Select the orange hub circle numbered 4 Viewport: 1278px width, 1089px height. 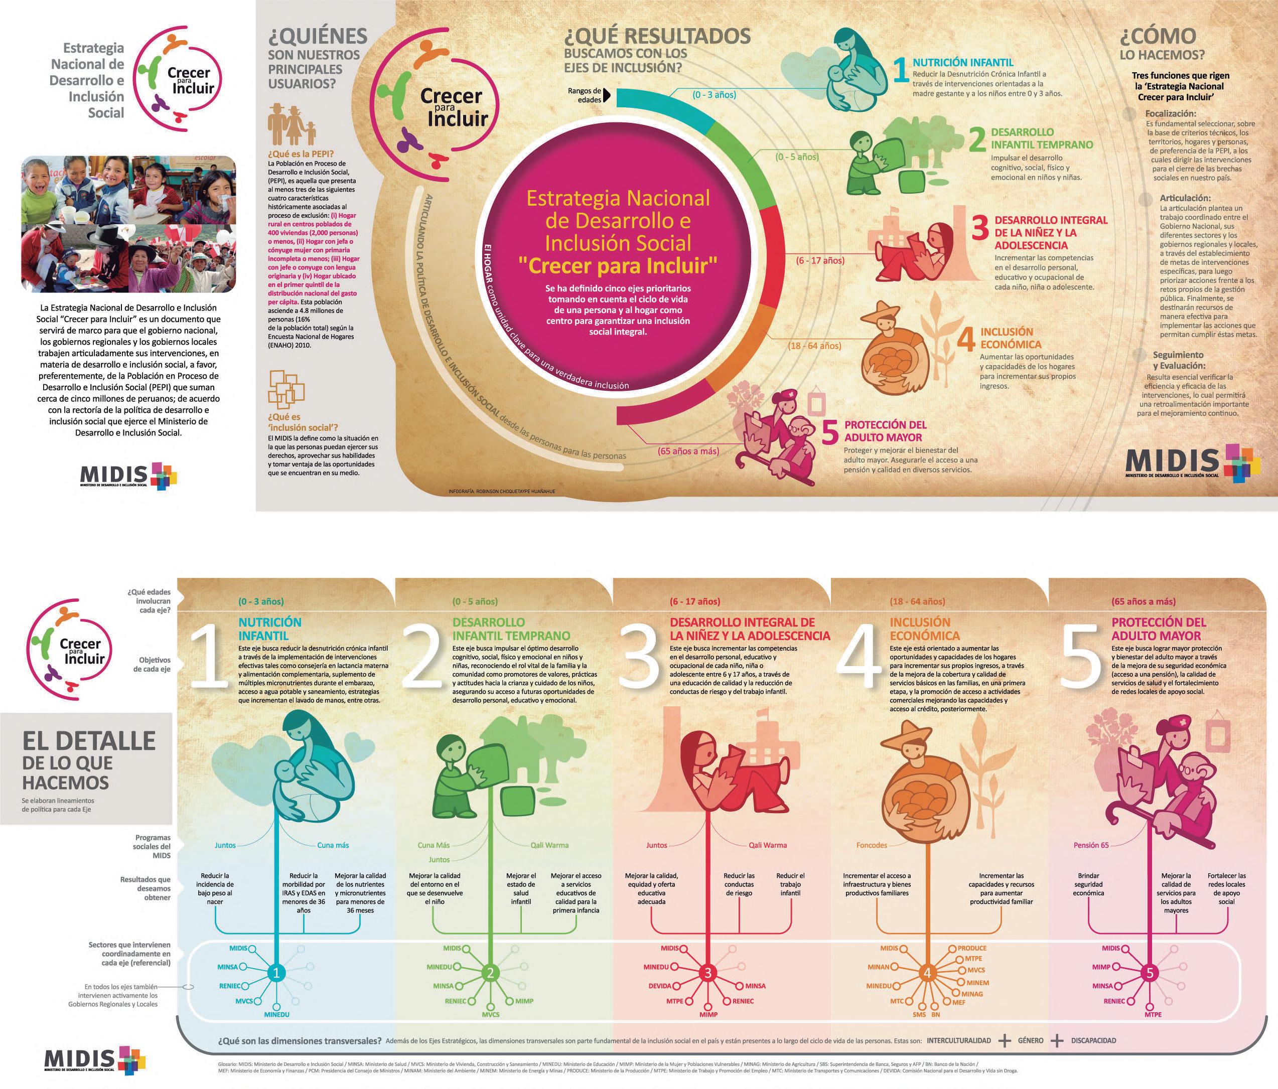click(927, 973)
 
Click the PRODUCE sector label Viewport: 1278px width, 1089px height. click(971, 948)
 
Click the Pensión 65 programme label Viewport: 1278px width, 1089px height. click(1090, 845)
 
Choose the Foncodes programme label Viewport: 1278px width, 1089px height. click(872, 845)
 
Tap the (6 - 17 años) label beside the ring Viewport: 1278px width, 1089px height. click(820, 260)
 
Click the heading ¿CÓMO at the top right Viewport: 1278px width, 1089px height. click(1158, 37)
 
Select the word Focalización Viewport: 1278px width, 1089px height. click(1171, 114)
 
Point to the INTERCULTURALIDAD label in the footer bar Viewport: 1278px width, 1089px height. click(958, 1040)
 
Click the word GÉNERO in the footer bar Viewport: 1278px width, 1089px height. click(1031, 1040)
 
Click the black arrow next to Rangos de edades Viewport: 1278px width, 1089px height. click(608, 95)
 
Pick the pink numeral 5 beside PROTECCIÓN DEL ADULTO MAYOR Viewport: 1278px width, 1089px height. click(831, 432)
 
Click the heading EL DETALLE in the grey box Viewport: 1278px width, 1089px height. click(89, 740)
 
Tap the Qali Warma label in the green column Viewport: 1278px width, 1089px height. click(549, 845)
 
